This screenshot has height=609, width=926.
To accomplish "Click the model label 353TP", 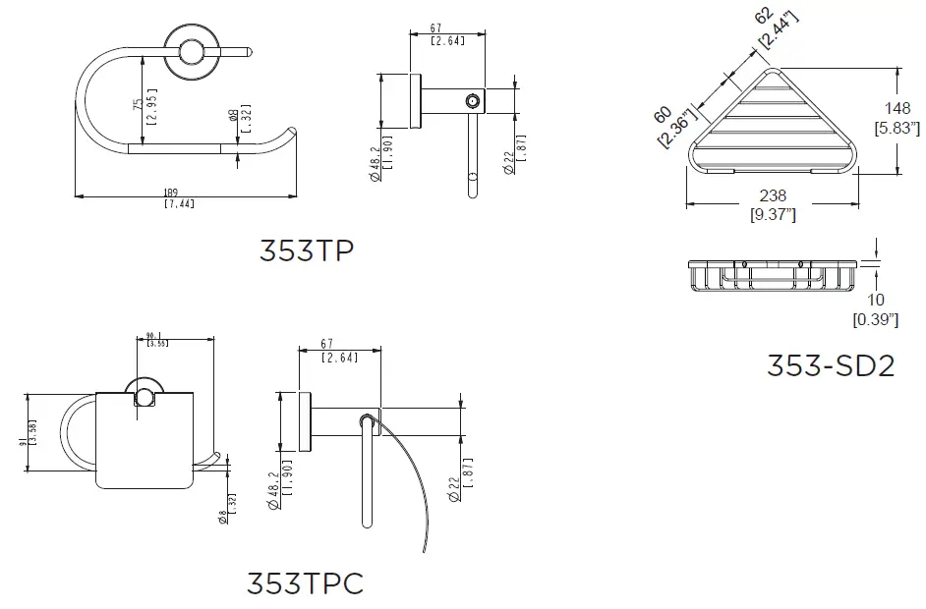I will coord(306,251).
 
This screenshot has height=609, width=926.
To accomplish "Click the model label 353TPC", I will coord(305,583).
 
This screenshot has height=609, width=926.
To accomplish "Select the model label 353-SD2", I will coord(831,365).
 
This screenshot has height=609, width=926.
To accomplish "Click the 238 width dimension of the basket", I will coord(775,196).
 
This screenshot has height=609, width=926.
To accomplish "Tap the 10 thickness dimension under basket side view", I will coord(876,299).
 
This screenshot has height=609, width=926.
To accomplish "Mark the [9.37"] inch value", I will coord(775,214).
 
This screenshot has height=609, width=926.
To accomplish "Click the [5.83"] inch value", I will coord(897,127).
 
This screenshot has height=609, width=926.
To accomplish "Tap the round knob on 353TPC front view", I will coord(144,397).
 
